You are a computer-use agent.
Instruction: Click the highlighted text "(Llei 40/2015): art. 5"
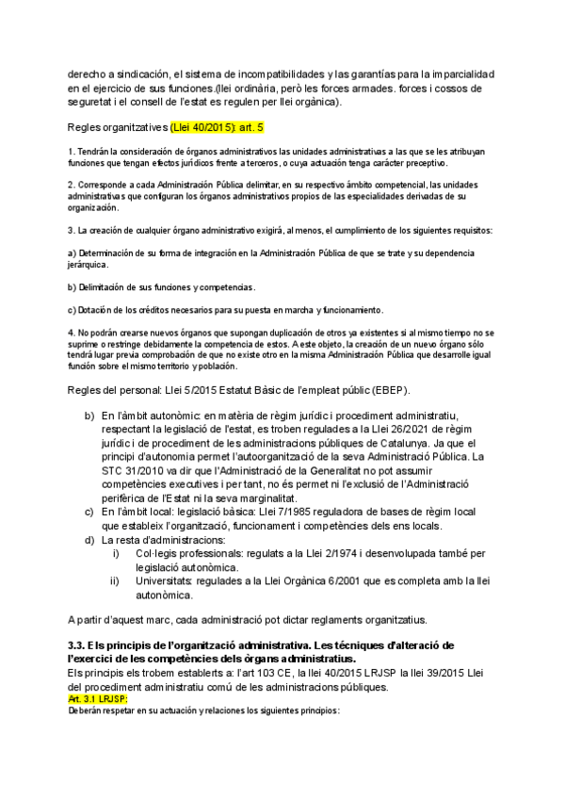click(219, 125)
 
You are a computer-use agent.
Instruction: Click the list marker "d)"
click(89, 540)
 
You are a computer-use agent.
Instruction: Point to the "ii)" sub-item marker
click(115, 581)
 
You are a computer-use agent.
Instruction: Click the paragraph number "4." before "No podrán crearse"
click(72, 334)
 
